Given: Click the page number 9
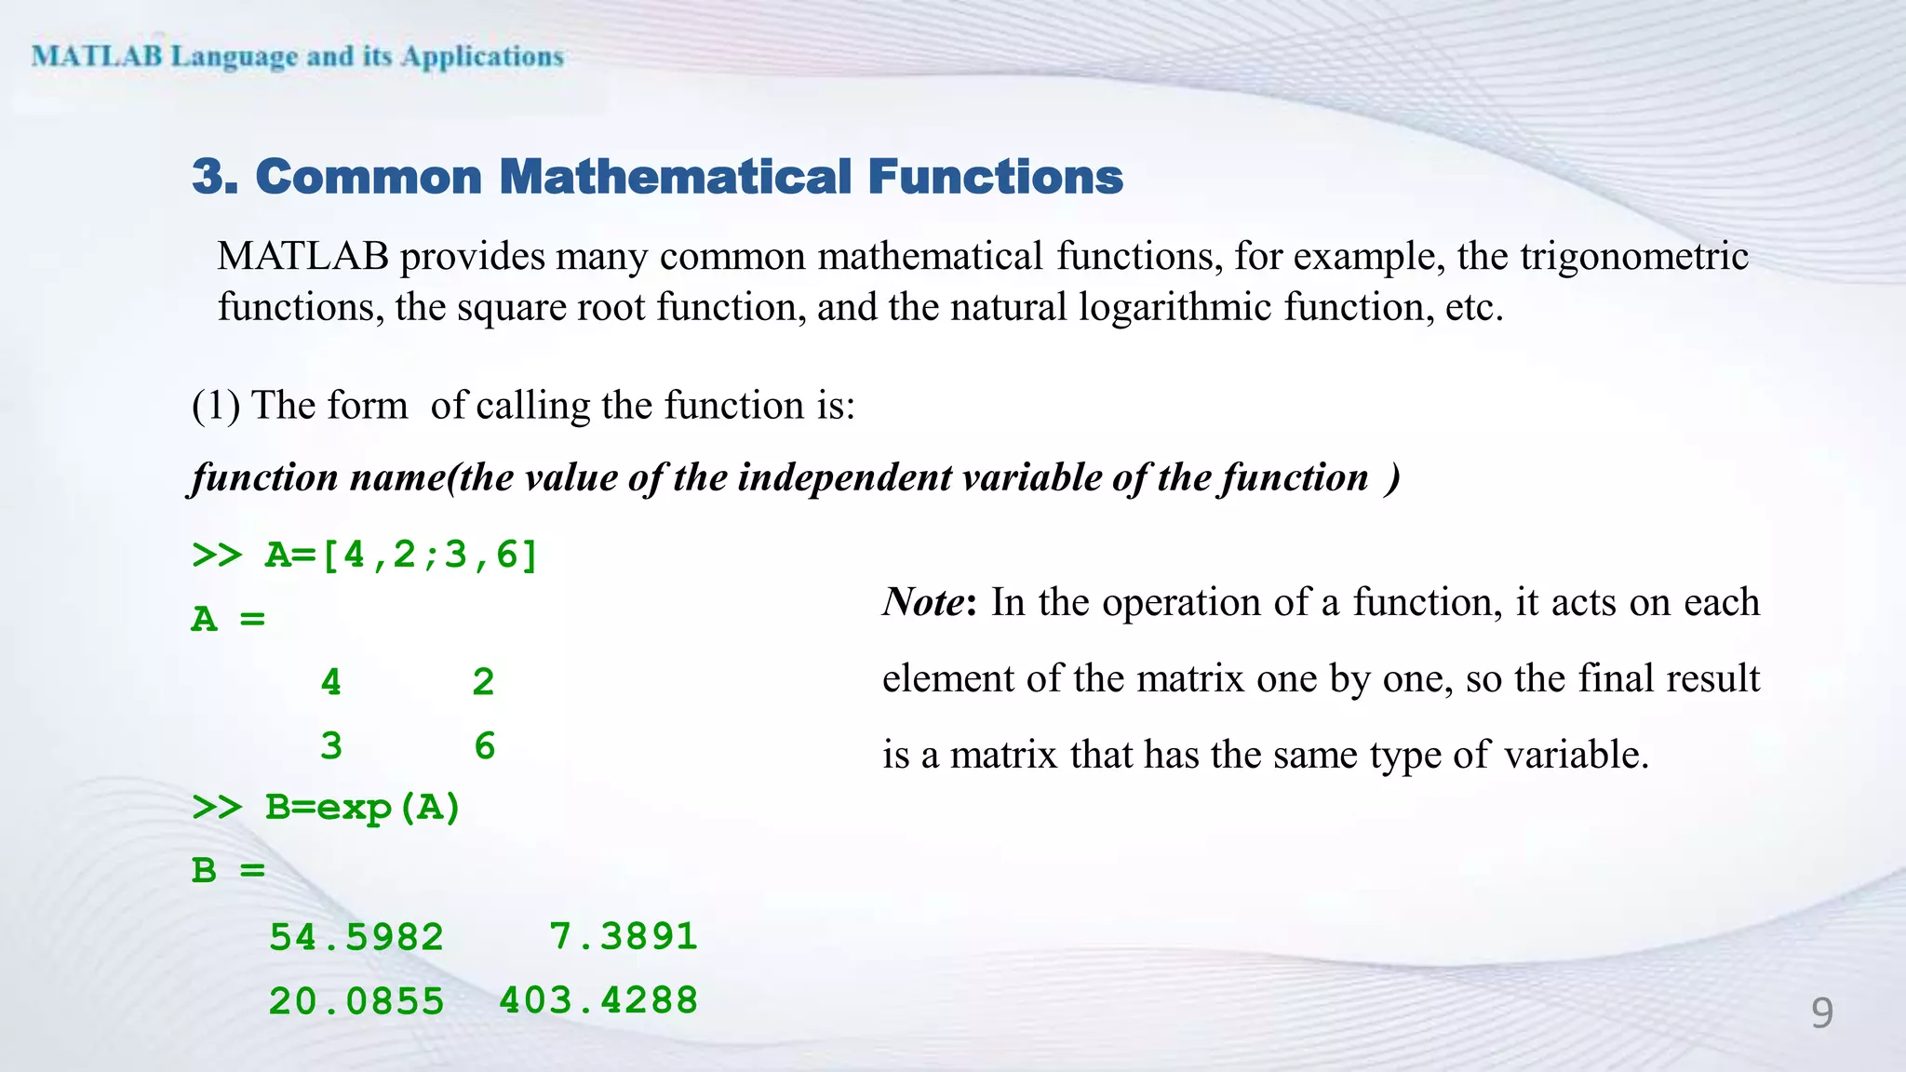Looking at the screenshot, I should [x=1821, y=1012].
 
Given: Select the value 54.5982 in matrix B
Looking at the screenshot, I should [x=356, y=937].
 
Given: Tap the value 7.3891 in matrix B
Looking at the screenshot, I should [x=623, y=936].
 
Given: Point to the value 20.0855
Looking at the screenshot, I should [x=356, y=1001].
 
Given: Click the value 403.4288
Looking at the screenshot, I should [x=598, y=1000].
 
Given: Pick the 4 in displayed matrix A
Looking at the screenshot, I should [x=330, y=682].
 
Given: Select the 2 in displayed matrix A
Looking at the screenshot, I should [x=482, y=682].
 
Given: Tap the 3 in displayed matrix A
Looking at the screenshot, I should [x=330, y=746].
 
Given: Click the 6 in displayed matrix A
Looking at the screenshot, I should [x=484, y=746].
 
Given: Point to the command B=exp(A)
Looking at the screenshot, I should [x=363, y=807].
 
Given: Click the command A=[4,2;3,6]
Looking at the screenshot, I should [x=401, y=555].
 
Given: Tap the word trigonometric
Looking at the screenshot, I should [x=1634, y=257].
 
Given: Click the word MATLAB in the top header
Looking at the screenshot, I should [x=97, y=56].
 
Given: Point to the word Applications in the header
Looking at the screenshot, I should [x=482, y=57].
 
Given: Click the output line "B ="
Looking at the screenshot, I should [x=228, y=871].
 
